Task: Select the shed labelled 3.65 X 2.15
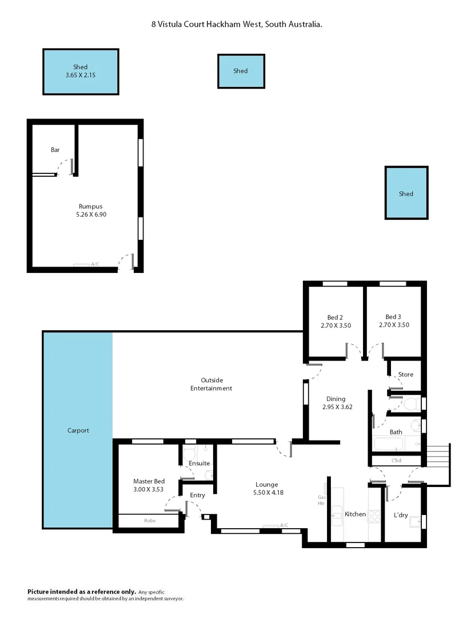point(81,72)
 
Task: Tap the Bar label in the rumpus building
point(55,150)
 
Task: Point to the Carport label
point(78,430)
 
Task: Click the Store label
point(405,375)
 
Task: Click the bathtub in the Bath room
point(388,445)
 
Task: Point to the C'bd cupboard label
point(396,461)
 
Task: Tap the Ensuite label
point(199,463)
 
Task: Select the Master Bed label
point(149,482)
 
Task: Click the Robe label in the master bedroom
point(150,521)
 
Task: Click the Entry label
point(197,496)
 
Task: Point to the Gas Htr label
point(321,500)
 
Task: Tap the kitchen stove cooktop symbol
point(374,515)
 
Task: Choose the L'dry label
point(401,515)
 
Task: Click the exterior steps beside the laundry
point(438,456)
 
